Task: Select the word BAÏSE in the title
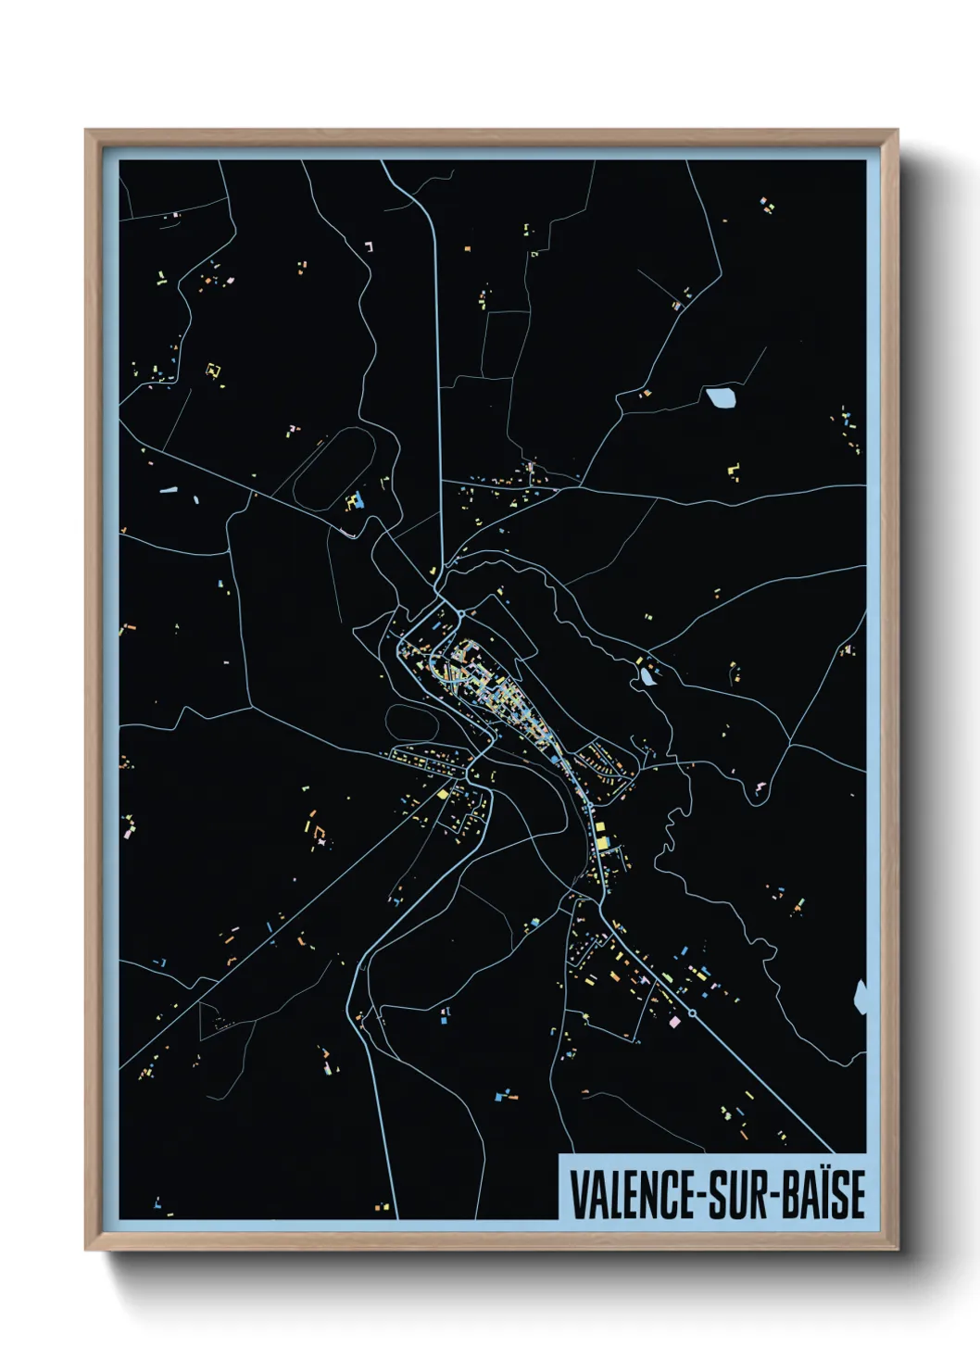(x=824, y=1195)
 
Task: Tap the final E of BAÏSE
(x=857, y=1195)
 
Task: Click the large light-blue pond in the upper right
(x=721, y=398)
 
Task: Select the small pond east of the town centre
(x=647, y=676)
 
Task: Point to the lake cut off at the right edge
(x=861, y=996)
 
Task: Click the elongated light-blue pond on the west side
(x=168, y=489)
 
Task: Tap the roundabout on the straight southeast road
(x=692, y=1013)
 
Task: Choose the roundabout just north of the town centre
(x=461, y=613)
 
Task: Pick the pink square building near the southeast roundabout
(x=674, y=1021)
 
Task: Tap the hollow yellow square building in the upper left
(x=213, y=371)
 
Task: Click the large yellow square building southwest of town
(x=444, y=793)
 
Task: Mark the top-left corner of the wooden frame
(x=87, y=132)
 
